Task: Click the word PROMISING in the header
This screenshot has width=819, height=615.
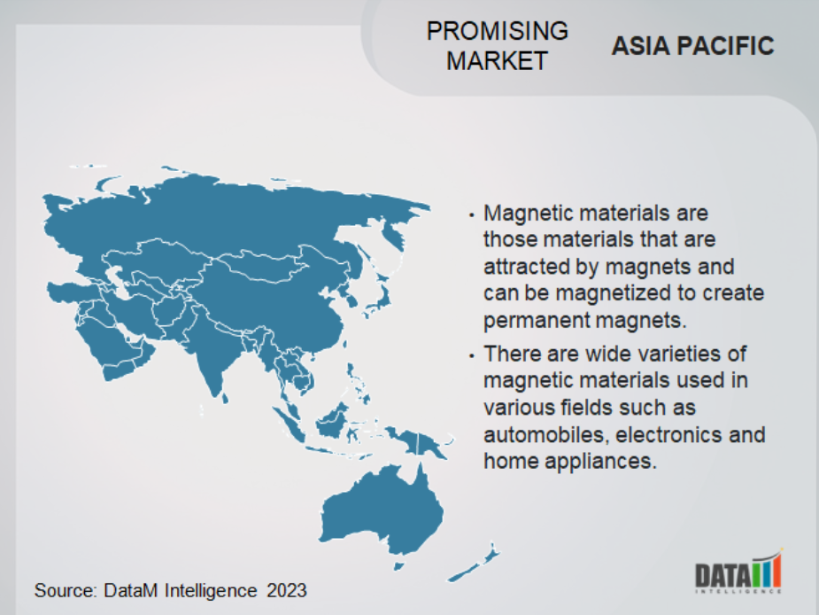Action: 498,31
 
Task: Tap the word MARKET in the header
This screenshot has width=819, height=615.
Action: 498,60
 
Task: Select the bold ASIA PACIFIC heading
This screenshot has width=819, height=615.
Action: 692,46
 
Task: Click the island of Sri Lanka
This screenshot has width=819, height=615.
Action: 225,399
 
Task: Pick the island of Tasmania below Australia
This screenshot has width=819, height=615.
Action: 398,566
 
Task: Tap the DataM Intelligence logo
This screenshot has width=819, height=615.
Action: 738,572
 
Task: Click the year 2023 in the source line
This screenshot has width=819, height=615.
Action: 287,590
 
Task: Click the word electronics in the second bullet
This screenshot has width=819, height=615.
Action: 669,434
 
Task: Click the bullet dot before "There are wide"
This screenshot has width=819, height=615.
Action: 472,355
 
